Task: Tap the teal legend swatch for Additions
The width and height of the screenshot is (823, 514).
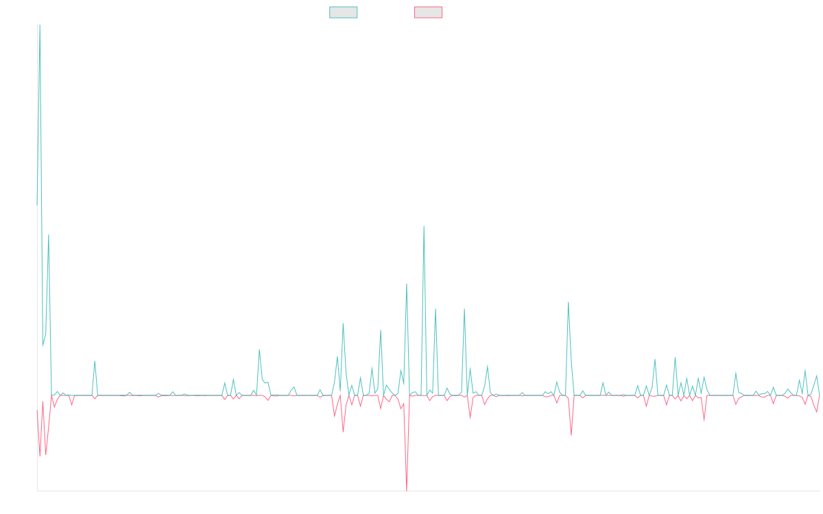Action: [x=344, y=12]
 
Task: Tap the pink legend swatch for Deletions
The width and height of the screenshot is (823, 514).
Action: [x=429, y=12]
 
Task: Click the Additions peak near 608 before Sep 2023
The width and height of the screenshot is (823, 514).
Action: [x=424, y=227]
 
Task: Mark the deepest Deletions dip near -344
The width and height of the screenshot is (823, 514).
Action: [x=407, y=489]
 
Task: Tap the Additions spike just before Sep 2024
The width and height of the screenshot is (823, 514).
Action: [x=568, y=302]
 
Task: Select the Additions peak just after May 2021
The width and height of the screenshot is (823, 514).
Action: [x=95, y=361]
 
